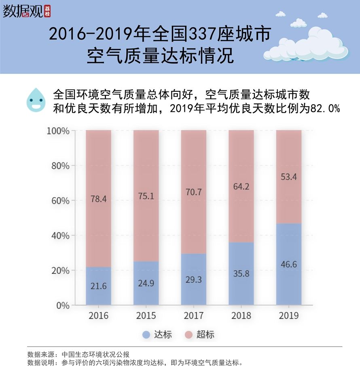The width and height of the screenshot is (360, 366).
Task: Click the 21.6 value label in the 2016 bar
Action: tap(98, 286)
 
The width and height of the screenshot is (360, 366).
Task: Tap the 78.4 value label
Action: tap(98, 198)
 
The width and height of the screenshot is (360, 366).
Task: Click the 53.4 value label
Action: tap(289, 177)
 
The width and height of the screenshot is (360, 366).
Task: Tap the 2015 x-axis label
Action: tap(146, 316)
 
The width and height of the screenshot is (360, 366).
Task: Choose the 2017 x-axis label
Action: tap(193, 316)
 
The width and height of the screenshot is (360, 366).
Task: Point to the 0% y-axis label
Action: tap(62, 305)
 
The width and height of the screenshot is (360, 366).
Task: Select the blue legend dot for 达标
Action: tap(146, 334)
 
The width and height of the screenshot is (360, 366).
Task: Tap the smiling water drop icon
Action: tap(36, 100)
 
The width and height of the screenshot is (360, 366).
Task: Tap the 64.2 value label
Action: tap(241, 187)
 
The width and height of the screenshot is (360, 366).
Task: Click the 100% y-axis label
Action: tap(58, 131)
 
